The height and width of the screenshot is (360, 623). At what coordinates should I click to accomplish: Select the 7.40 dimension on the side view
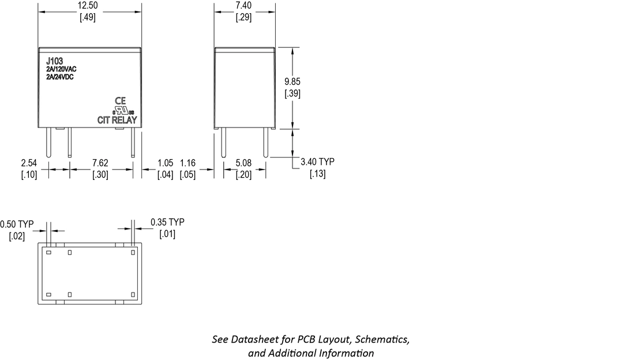[x=243, y=6]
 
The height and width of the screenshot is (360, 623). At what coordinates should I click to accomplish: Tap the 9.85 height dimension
[x=292, y=81]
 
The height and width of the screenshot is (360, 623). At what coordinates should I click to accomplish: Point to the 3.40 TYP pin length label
[x=317, y=162]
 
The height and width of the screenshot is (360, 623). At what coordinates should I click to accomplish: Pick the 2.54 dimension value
[x=29, y=163]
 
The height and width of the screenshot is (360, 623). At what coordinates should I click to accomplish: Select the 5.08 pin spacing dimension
[x=243, y=163]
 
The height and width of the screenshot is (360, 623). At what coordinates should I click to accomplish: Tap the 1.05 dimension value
[x=166, y=163]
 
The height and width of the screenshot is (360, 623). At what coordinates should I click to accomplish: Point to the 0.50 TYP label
[x=17, y=224]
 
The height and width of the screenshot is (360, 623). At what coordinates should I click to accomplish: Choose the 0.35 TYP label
[x=167, y=222]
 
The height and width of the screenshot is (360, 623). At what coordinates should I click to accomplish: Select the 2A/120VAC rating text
[x=62, y=69]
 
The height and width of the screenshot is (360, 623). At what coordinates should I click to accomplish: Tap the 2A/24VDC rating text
[x=60, y=77]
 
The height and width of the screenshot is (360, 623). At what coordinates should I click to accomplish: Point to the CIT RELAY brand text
[x=117, y=120]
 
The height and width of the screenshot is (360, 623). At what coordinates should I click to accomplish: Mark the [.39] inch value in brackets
[x=292, y=93]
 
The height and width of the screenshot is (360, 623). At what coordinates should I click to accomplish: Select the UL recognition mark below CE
[x=122, y=110]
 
